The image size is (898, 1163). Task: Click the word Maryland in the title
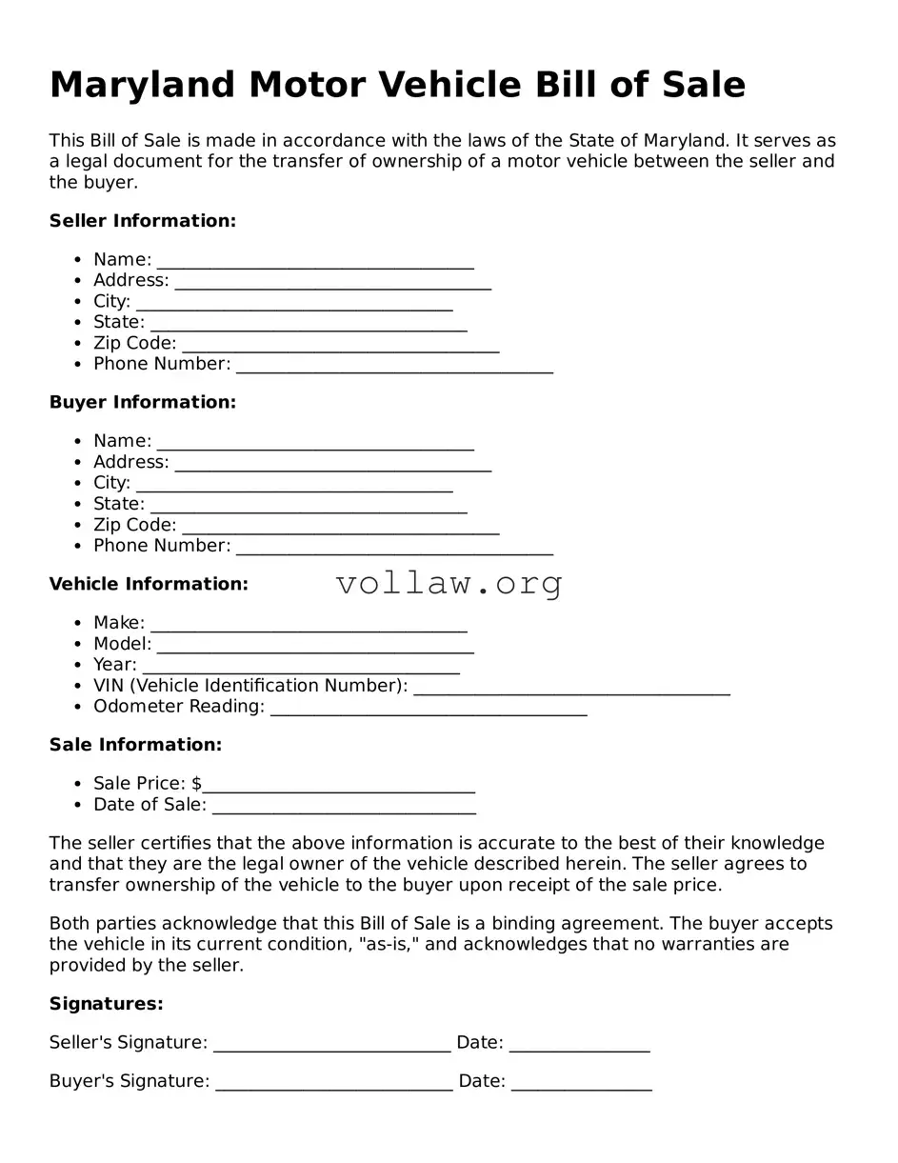click(x=142, y=86)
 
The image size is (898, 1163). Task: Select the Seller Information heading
click(x=142, y=221)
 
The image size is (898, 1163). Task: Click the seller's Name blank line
click(x=315, y=263)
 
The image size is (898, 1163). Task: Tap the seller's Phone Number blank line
click(x=394, y=367)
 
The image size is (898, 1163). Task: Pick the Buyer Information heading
click(x=142, y=402)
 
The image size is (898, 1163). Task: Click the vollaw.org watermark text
click(x=449, y=583)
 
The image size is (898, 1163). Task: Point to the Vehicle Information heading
click(x=149, y=584)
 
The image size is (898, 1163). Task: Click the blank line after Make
click(x=309, y=626)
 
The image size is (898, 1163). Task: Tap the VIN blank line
click(x=572, y=689)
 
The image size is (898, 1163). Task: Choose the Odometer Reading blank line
click(x=429, y=710)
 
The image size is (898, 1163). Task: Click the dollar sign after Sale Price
click(x=196, y=784)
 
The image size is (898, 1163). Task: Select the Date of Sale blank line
click(x=344, y=808)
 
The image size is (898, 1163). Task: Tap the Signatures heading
click(x=106, y=1004)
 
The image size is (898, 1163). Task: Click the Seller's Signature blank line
click(x=331, y=1046)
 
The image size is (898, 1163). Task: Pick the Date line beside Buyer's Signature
click(x=581, y=1084)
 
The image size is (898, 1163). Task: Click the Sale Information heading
click(x=135, y=745)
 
